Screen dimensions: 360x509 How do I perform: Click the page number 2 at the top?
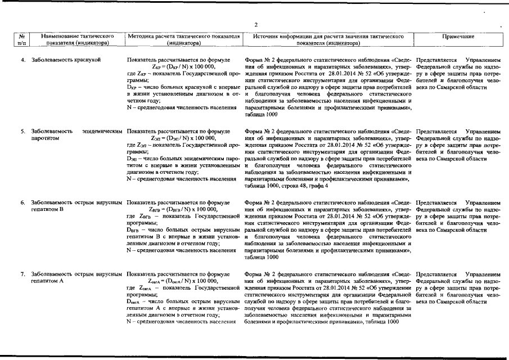[x=255, y=24]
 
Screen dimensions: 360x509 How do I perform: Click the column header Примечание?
[x=458, y=36]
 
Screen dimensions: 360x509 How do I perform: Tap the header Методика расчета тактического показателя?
[x=184, y=36]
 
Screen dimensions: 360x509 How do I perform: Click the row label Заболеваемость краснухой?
[x=66, y=59]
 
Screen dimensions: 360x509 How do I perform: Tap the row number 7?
[x=23, y=274]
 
